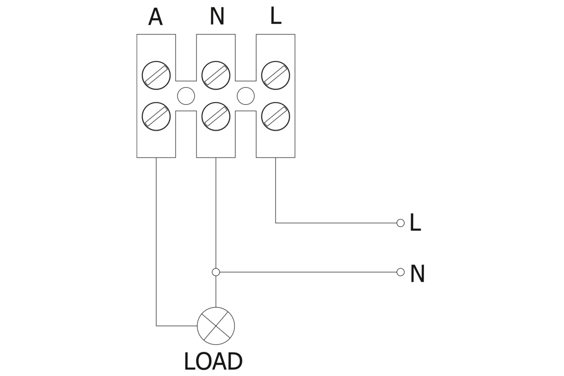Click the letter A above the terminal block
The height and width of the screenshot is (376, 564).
coord(155,18)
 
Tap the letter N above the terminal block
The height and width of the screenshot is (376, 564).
coord(217,17)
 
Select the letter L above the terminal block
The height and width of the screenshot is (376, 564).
coord(275,16)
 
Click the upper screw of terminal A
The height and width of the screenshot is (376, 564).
coord(156,75)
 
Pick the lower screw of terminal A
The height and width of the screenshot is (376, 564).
coord(156,116)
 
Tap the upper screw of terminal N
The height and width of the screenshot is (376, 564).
coord(216,75)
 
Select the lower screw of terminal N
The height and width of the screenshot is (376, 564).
coord(216,116)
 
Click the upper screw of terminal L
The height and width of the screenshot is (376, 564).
coord(275,75)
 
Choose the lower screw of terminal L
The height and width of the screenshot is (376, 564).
coord(275,116)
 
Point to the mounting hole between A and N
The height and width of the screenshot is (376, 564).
coord(186,96)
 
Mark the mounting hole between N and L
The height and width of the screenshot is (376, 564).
coord(246,96)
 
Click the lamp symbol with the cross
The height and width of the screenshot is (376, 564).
coord(216,326)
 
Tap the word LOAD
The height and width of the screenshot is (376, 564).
coord(213,362)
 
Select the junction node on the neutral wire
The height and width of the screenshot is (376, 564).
coord(216,272)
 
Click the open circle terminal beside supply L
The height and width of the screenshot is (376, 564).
coord(400,223)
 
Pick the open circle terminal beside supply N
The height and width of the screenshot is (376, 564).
coord(400,272)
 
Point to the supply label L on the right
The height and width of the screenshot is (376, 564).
coord(415,223)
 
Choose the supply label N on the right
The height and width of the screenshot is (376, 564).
coord(417,274)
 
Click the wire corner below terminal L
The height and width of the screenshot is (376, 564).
coord(275,223)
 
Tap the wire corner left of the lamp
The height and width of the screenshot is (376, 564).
coord(156,326)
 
